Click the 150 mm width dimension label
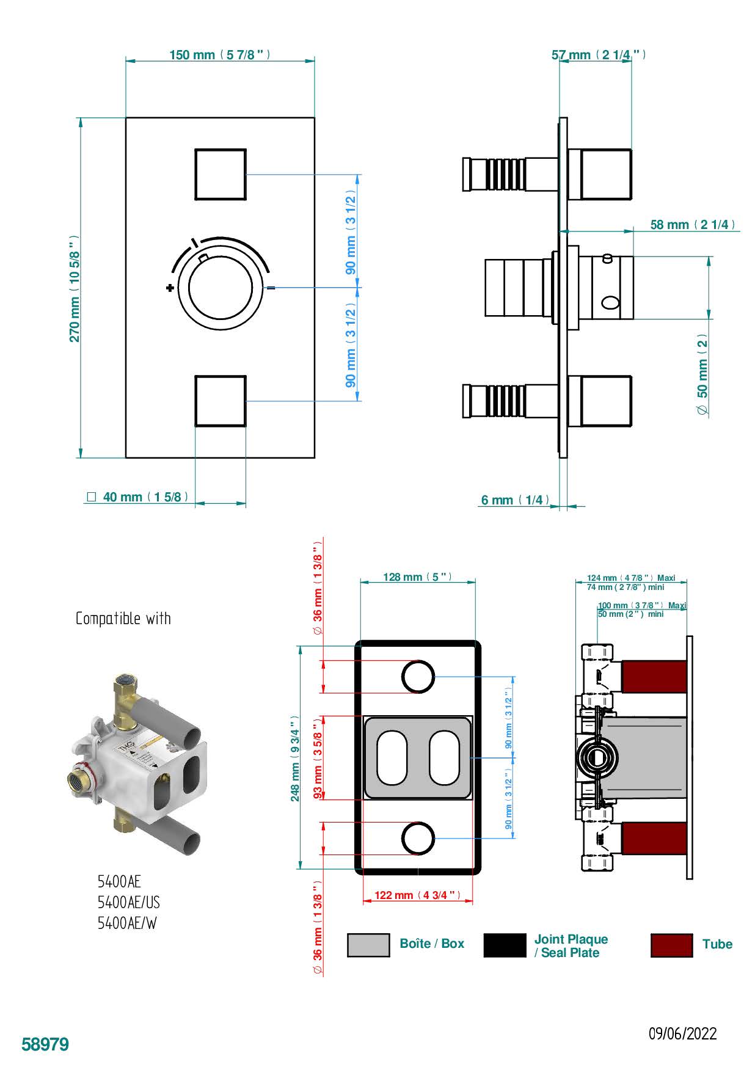coord(219,55)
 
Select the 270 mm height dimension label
coord(75,288)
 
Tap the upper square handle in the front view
coord(221,175)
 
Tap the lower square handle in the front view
coord(221,401)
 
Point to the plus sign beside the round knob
coord(169,288)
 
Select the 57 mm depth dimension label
coord(599,55)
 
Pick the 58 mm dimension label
coord(693,225)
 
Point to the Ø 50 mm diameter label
coord(703,375)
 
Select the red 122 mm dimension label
coord(417,895)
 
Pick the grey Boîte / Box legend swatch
coord(368,945)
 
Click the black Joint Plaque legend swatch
coord(505,945)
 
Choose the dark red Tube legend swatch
coord(671,945)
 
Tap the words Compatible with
coord(123,619)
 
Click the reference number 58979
coord(45,1044)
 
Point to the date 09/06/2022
coord(682,1034)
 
